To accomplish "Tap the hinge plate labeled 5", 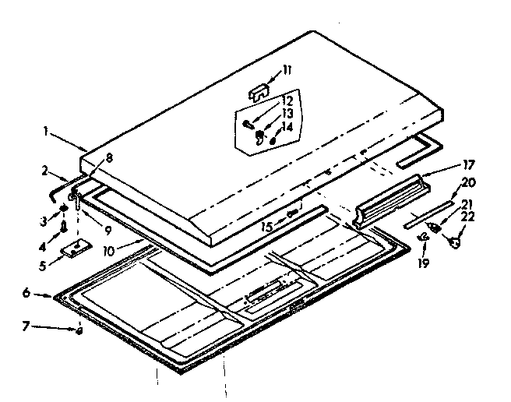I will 76,249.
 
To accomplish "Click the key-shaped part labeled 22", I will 454,242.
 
